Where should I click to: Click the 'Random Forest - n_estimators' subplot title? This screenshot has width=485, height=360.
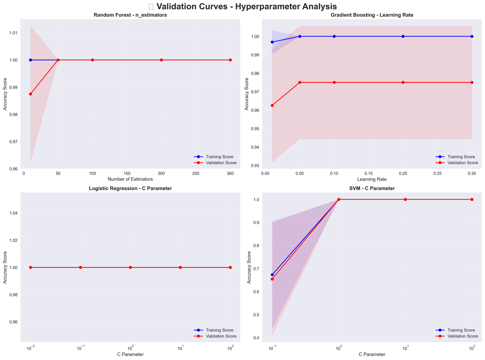pyautogui.click(x=130, y=15)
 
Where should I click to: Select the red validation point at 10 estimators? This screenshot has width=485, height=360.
pyautogui.click(x=30, y=94)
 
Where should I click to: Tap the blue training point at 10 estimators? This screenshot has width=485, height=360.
pyautogui.click(x=30, y=60)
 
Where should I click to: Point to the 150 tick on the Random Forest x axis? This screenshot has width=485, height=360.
pyautogui.click(x=127, y=173)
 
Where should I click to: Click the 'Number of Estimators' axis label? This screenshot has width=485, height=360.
pyautogui.click(x=130, y=179)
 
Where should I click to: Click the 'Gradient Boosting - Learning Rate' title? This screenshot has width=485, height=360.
pyautogui.click(x=372, y=15)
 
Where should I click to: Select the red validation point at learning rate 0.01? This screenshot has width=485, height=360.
pyautogui.click(x=272, y=106)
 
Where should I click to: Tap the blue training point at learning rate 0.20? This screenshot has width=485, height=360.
pyautogui.click(x=403, y=37)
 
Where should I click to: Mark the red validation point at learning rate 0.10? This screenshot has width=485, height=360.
pyautogui.click(x=334, y=82)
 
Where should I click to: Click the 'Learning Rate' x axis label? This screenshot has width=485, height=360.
pyautogui.click(x=372, y=179)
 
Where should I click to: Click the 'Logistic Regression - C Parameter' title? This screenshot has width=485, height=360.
pyautogui.click(x=130, y=189)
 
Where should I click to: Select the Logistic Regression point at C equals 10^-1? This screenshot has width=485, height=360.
pyautogui.click(x=80, y=267)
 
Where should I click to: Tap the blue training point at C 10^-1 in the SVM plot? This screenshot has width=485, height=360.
pyautogui.click(x=272, y=275)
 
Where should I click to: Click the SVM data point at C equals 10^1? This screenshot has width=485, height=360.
pyautogui.click(x=405, y=200)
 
